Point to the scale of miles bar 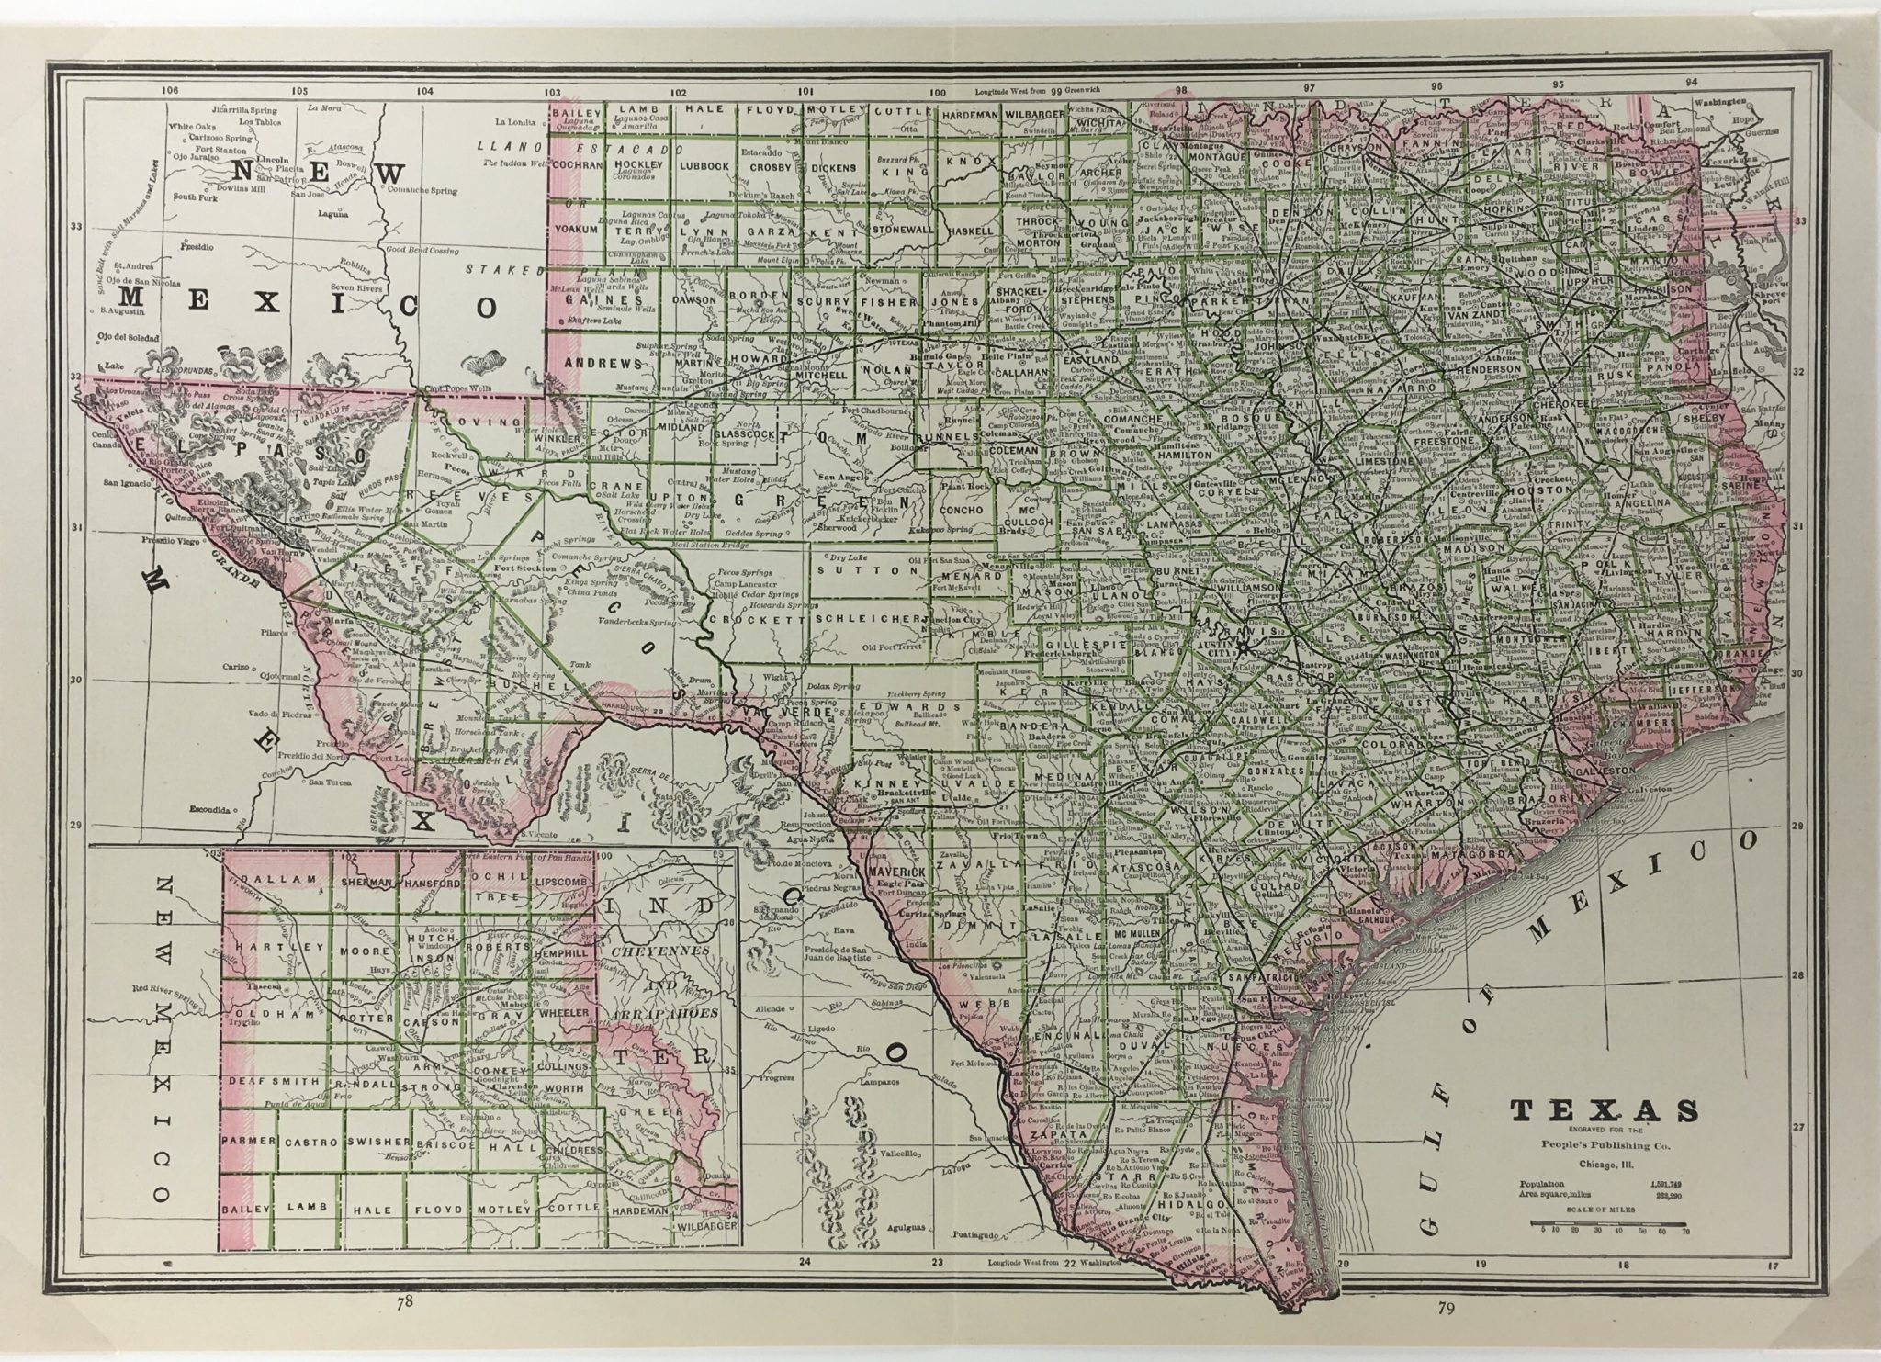pyautogui.click(x=1607, y=1224)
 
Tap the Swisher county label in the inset pyautogui.click(x=377, y=1142)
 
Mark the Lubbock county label pyautogui.click(x=704, y=167)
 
